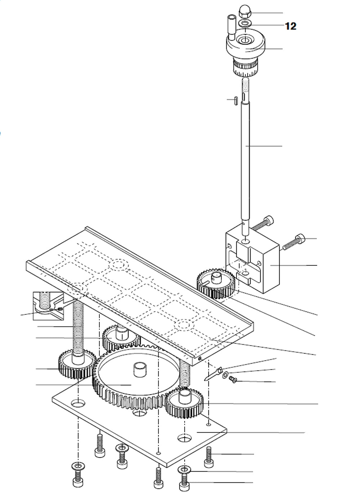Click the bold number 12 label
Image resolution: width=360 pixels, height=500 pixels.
pos(291,26)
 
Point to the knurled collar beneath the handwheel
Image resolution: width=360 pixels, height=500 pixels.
pos(245,67)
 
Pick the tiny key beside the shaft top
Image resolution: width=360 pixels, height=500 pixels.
pos(234,100)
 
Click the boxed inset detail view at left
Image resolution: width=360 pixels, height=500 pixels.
pos(49,305)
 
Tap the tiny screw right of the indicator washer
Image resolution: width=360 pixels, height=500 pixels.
pos(233,379)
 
